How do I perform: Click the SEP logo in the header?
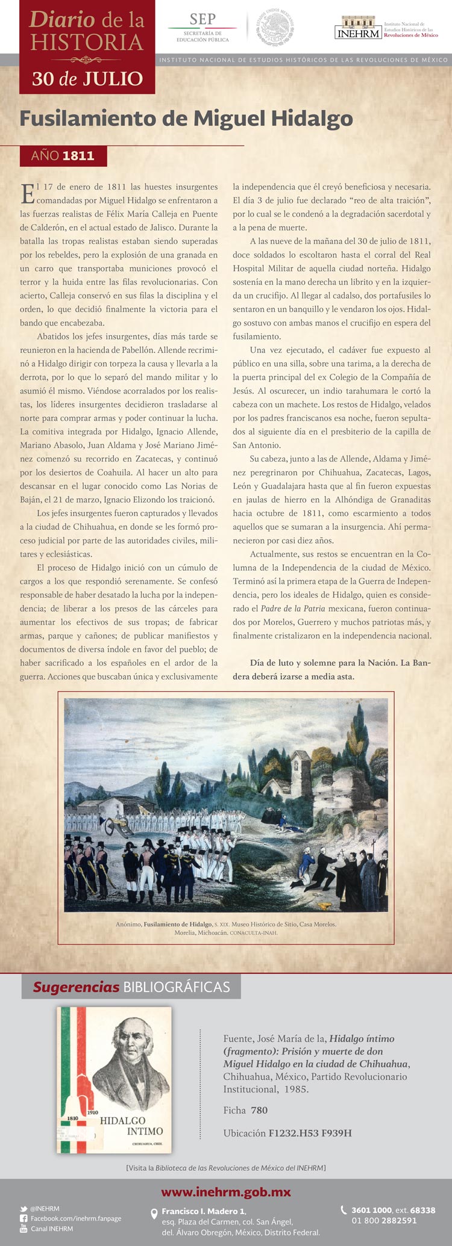202,27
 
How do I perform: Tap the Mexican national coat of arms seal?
275,28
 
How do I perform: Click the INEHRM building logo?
358,28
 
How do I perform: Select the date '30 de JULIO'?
87,78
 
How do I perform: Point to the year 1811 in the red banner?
78,156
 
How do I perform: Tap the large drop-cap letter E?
27,194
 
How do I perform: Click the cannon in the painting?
115,826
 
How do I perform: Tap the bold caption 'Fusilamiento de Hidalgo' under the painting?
178,924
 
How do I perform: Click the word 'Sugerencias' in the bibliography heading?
76,987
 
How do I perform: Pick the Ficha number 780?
259,1111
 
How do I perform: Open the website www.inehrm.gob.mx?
225,1192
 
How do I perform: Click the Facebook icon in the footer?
24,1218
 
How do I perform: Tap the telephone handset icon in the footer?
344,1210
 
